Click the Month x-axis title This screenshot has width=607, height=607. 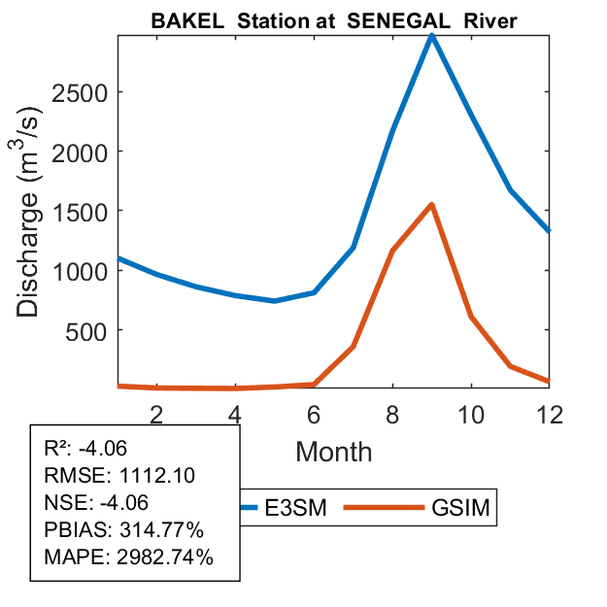333,451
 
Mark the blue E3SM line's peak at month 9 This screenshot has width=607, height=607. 431,35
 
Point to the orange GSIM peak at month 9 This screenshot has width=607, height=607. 431,204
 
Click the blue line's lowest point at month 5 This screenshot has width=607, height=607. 275,301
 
